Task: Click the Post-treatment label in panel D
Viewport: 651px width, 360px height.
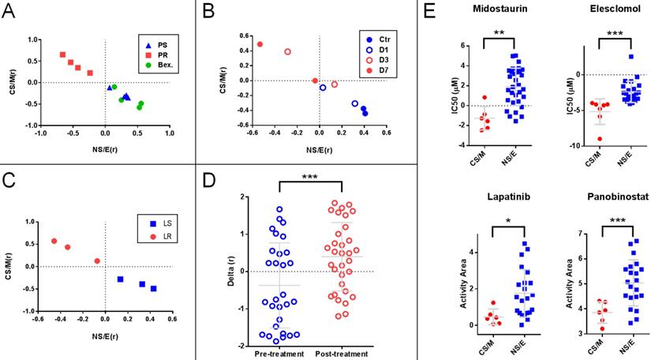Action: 342,354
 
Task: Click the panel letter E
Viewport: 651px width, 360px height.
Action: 429,13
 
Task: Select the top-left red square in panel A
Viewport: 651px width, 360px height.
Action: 63,54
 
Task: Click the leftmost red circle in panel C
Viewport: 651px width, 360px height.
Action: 54,241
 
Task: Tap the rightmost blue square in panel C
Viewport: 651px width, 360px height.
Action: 153,289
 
